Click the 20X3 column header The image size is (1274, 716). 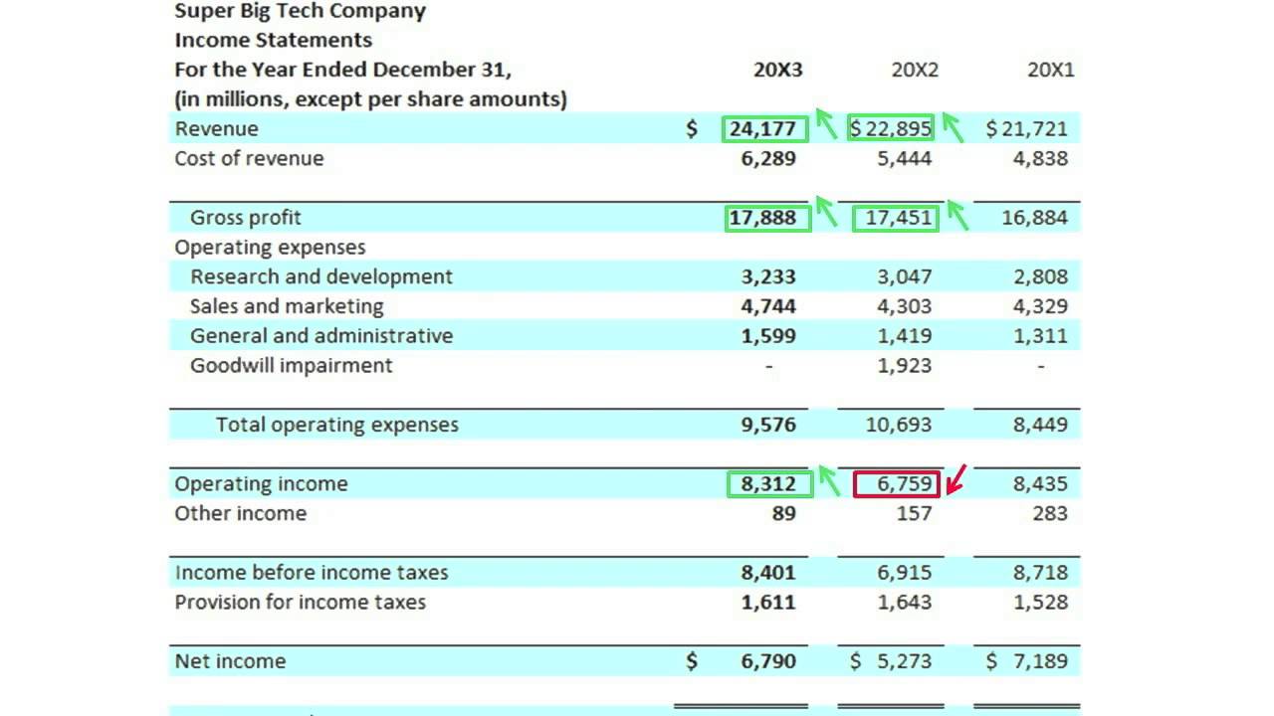(x=777, y=70)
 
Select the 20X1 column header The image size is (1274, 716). (x=1050, y=70)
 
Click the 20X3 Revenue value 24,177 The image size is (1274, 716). (x=762, y=128)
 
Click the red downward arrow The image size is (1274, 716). (x=956, y=479)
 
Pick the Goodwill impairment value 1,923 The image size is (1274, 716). (x=905, y=365)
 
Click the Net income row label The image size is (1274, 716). (x=230, y=661)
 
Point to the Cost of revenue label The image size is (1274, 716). (x=249, y=158)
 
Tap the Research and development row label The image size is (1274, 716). (x=320, y=276)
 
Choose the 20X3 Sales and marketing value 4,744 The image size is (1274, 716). (x=768, y=306)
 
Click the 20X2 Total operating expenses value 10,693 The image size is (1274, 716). (x=899, y=425)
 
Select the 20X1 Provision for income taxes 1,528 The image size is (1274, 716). (x=1040, y=602)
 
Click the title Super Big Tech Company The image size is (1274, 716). (x=300, y=12)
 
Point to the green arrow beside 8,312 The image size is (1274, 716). (x=826, y=479)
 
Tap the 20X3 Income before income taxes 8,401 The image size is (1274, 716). (x=768, y=573)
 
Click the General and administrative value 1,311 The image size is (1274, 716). (x=1040, y=336)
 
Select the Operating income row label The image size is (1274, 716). (x=261, y=484)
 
